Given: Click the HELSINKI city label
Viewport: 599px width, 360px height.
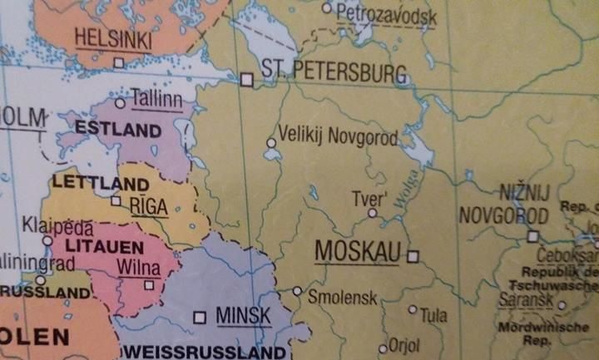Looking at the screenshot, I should click(x=112, y=38).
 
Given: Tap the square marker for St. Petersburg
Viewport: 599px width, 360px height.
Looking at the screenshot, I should click(x=246, y=80).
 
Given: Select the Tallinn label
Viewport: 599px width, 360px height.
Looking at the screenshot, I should click(x=156, y=101).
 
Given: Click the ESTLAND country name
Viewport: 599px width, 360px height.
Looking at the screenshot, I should click(x=117, y=130).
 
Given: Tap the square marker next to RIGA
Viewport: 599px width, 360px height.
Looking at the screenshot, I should click(x=116, y=200).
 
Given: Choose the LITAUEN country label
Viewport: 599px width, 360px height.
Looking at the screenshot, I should click(x=96, y=247).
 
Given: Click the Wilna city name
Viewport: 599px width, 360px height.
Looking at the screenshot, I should click(x=133, y=268).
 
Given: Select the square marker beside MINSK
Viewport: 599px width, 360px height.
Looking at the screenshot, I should click(x=199, y=317).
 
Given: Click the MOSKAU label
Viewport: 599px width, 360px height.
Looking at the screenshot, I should click(x=358, y=252).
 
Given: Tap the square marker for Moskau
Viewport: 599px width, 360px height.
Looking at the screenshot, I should click(x=413, y=255).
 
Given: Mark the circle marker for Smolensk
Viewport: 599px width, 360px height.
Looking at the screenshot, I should click(x=297, y=291).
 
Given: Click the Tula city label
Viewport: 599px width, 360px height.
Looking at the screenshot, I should click(x=433, y=315).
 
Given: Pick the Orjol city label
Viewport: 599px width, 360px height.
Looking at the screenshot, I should click(x=405, y=344).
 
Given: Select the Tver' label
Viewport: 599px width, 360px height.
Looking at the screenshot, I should click(x=369, y=200).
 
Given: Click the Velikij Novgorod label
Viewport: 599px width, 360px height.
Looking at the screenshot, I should click(x=338, y=135).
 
